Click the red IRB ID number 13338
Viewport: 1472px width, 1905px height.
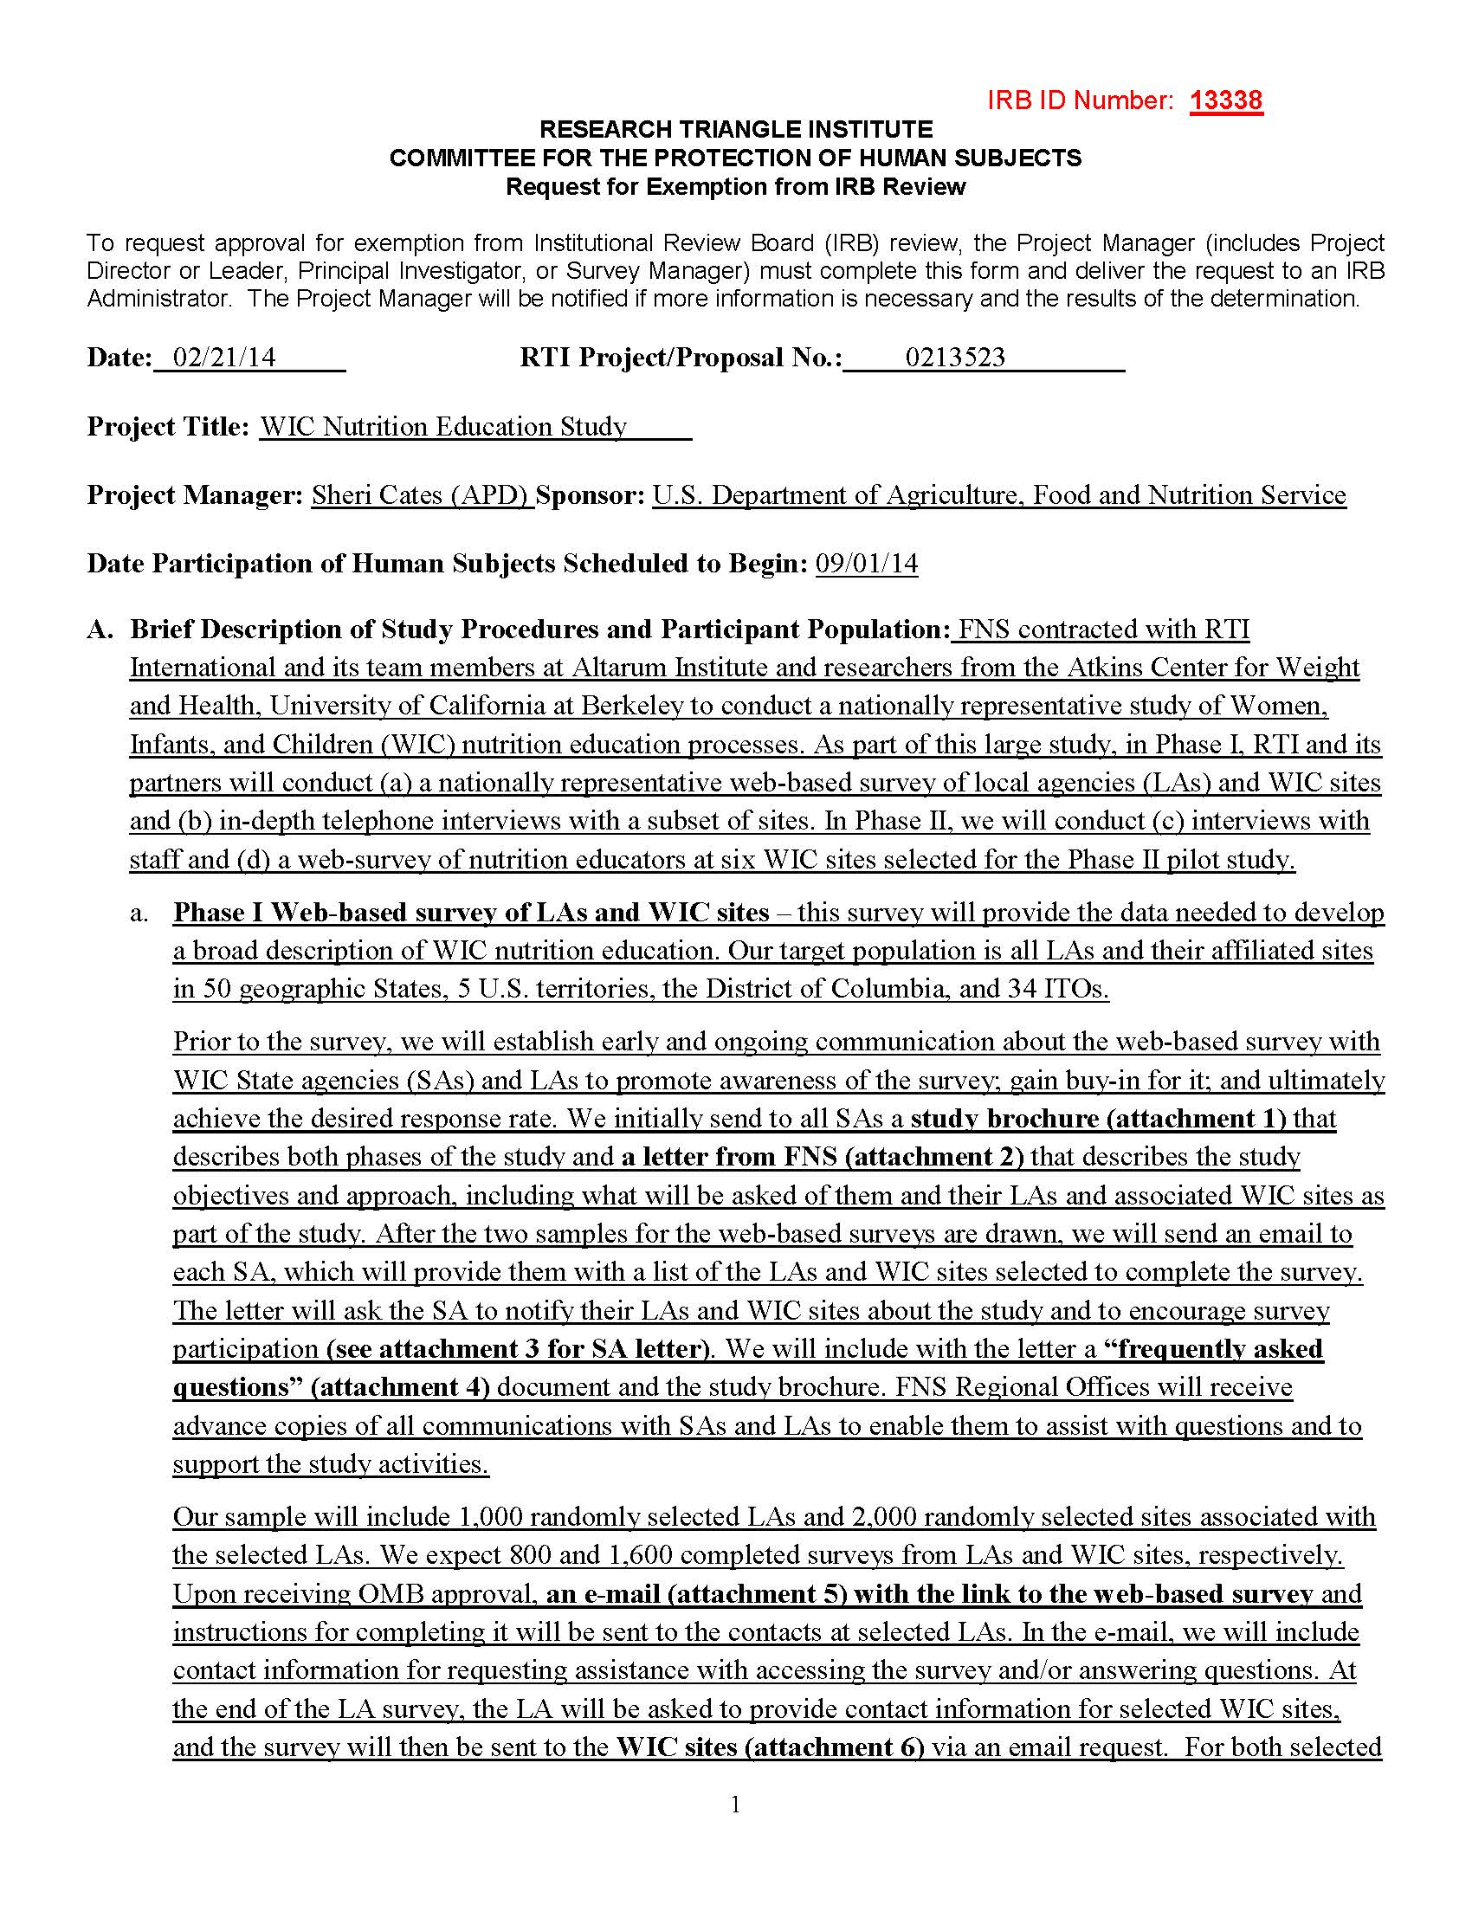pyautogui.click(x=1226, y=101)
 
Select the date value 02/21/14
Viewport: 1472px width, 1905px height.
pyautogui.click(x=224, y=358)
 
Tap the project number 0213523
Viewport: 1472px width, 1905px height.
pyautogui.click(x=955, y=358)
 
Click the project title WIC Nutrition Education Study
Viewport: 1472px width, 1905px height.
pyautogui.click(x=443, y=427)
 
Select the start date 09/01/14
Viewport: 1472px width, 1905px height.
pyautogui.click(x=866, y=564)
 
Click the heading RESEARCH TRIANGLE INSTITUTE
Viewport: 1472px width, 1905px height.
pyautogui.click(x=735, y=130)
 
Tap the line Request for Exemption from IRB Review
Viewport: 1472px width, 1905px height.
pyautogui.click(x=735, y=187)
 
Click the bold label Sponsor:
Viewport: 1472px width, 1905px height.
pyautogui.click(x=591, y=495)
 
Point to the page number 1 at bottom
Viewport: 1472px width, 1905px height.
pyautogui.click(x=735, y=1805)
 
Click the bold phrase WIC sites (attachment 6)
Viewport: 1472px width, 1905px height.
pyautogui.click(x=769, y=1747)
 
